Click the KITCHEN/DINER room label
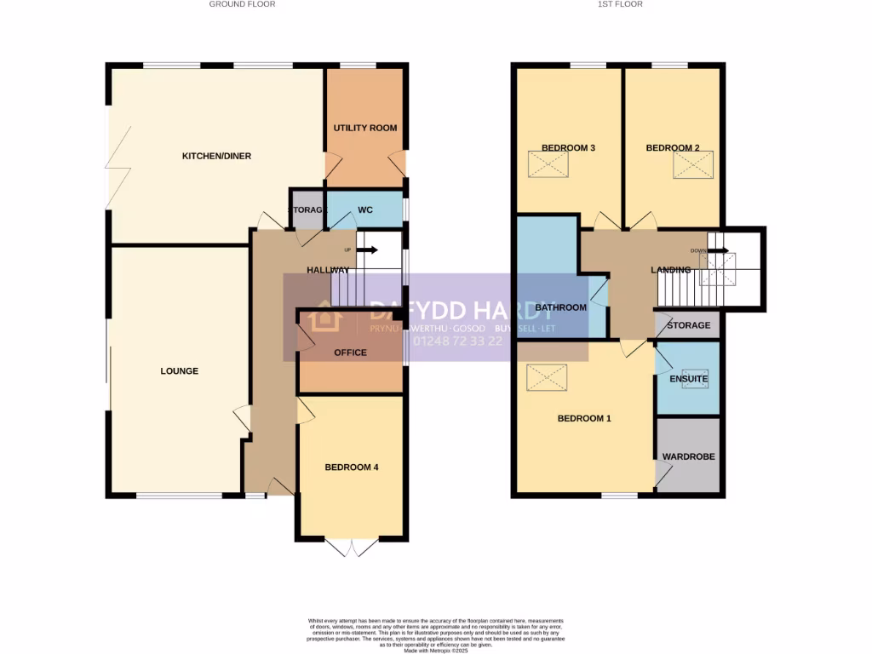point(216,156)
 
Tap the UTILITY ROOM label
point(365,128)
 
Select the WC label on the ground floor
point(365,209)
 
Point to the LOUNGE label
point(179,370)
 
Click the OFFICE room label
point(350,353)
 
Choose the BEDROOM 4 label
point(351,468)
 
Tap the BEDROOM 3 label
point(568,147)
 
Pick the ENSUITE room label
point(689,379)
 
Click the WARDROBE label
point(689,456)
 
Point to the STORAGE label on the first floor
point(688,325)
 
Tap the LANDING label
point(671,270)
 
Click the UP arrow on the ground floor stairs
point(368,250)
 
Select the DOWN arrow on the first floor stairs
point(719,250)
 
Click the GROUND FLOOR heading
point(243,4)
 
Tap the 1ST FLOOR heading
point(620,4)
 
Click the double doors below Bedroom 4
point(351,548)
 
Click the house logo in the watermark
point(324,318)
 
